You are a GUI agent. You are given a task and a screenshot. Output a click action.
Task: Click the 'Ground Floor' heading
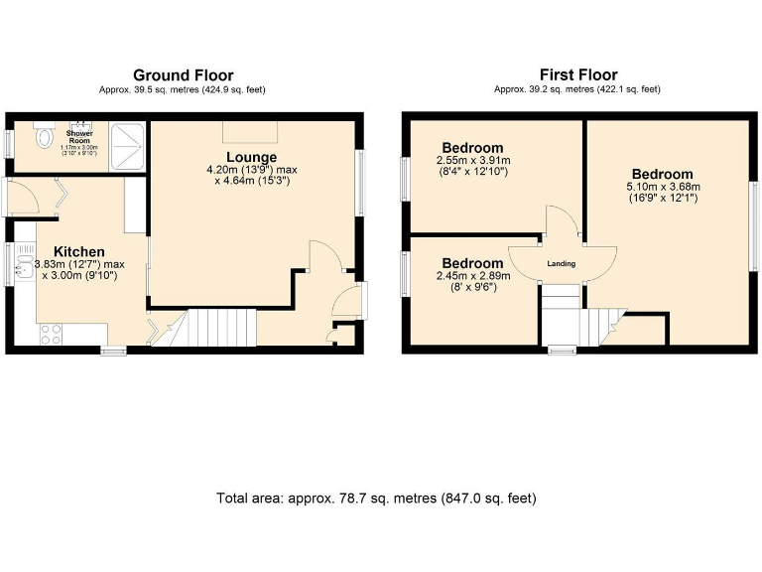tap(183, 75)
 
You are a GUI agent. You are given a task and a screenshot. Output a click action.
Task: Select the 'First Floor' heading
tap(577, 75)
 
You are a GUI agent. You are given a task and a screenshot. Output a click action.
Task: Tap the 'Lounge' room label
tap(251, 157)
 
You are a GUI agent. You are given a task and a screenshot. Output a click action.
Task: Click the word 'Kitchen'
tap(79, 251)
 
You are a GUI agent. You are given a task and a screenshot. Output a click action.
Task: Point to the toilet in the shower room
tap(43, 138)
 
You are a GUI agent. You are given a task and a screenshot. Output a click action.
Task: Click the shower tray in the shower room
tap(129, 147)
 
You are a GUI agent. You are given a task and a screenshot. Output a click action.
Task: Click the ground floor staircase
tap(209, 326)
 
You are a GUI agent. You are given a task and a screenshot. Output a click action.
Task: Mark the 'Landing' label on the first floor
tap(562, 264)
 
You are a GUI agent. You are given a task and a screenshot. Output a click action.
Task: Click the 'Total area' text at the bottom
tap(376, 498)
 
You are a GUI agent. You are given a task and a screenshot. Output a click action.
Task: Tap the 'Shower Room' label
tap(79, 137)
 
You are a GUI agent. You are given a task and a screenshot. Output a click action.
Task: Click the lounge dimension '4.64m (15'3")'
tap(251, 182)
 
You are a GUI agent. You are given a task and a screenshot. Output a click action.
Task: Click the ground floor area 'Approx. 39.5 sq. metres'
tap(183, 90)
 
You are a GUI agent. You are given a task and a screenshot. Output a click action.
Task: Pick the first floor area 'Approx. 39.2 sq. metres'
tap(577, 90)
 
